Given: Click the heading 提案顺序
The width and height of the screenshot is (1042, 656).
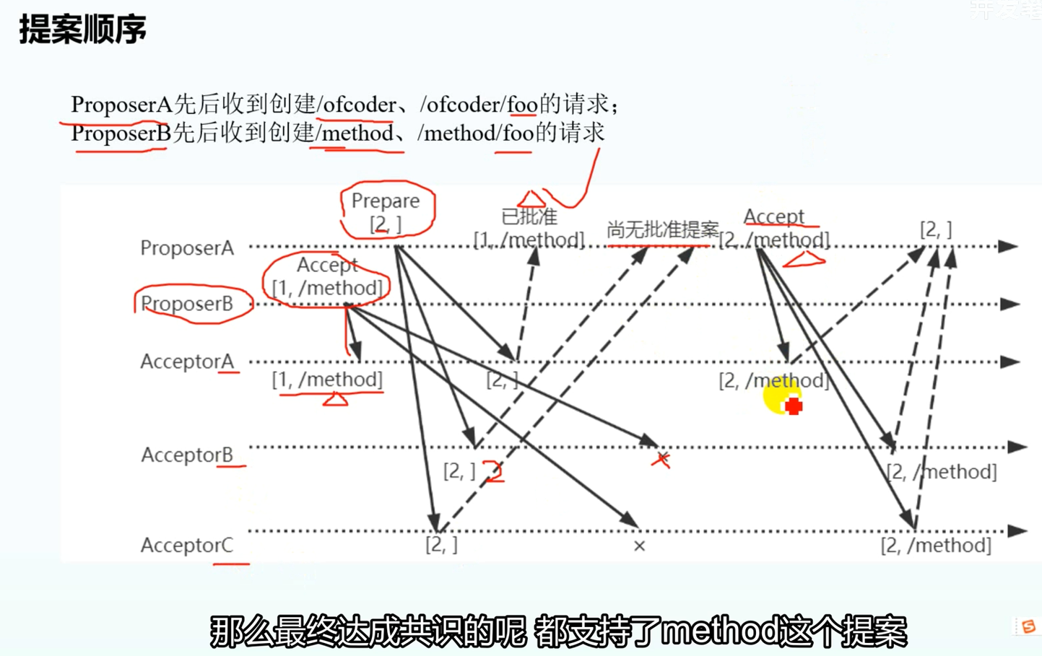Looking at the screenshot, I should coord(82,30).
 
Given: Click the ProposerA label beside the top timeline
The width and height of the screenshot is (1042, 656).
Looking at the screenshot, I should coord(187,248).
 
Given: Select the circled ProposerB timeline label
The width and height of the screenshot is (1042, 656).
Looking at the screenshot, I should coord(187,304).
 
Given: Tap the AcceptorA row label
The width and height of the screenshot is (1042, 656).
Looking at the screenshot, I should coord(187,362).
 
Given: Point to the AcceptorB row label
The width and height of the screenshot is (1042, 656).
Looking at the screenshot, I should coord(187,455).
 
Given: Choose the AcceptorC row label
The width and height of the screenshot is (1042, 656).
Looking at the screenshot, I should coord(187,545).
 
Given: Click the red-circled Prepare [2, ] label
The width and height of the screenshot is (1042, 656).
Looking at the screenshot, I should coord(386,211).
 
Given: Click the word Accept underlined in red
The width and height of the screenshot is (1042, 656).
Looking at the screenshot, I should coord(773,217).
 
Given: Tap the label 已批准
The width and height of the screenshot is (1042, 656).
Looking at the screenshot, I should coord(529,217).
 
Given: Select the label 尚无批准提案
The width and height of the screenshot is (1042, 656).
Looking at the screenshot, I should coord(662,230).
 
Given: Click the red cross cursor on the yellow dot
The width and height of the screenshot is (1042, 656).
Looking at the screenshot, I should coord(793,406).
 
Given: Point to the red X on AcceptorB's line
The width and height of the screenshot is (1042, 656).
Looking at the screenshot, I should coord(661,459).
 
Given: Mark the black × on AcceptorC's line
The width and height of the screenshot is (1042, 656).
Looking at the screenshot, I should coord(639,546).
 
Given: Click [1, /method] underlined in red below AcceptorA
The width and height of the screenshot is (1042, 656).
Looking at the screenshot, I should coord(327,380).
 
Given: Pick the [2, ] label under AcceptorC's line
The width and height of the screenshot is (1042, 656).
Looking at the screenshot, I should coord(441,545).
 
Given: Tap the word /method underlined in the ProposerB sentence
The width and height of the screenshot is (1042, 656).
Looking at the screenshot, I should coord(355,134).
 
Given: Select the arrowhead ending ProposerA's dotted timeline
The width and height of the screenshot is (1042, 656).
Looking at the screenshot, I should coord(1008,247).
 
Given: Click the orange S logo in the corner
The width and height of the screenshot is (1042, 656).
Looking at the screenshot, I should coord(1028,626).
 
